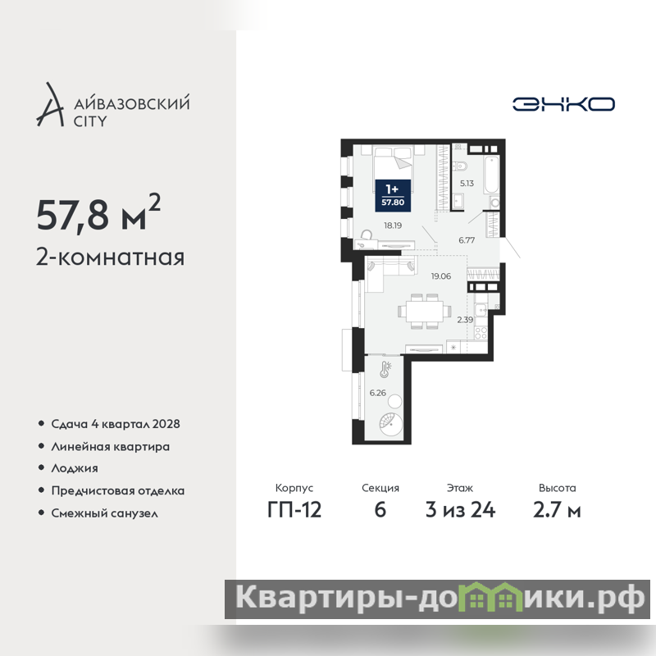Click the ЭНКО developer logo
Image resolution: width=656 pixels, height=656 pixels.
pos(563,104)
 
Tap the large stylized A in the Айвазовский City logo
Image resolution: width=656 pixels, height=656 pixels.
pos(51,105)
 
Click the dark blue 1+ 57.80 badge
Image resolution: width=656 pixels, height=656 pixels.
pos(393,195)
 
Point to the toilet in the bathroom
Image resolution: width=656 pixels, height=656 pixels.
pos(460,166)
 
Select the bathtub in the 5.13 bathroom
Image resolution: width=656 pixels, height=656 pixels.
pos(491,174)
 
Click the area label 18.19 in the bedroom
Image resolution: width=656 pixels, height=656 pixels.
pos(393,225)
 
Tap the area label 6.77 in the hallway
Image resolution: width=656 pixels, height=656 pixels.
pos(467,240)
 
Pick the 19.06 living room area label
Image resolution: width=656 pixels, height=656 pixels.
pos(441,276)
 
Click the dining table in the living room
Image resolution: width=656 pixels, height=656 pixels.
pos(425,312)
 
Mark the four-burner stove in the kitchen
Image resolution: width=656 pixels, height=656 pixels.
pos(481,334)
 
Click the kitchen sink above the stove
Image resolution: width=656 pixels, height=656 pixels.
pos(481,310)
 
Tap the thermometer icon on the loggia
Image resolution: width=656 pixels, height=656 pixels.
pos(385,370)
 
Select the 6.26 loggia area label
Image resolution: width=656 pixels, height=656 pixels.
pos(377,393)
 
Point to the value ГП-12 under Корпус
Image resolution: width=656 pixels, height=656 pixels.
pos(294,510)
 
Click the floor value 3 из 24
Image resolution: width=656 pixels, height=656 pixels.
pos(460,510)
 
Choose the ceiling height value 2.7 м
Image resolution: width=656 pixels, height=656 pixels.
pos(557,510)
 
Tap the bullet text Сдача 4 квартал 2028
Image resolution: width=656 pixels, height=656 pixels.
pos(116,424)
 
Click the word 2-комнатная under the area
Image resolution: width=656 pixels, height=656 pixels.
pos(110,257)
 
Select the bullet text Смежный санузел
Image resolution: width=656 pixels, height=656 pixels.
pos(105,513)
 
